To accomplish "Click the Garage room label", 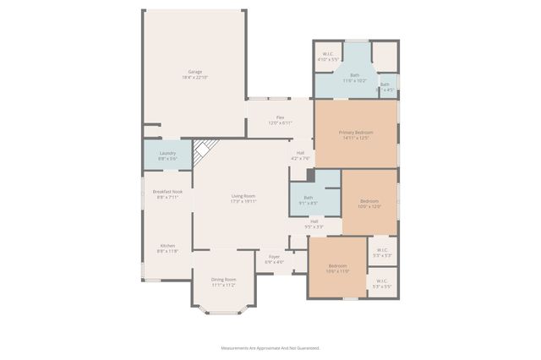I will (x=194, y=71).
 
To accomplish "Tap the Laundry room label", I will (x=167, y=153).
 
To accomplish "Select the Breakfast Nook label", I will (x=167, y=192).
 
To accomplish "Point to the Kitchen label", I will (x=167, y=246).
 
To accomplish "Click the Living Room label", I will (x=243, y=196).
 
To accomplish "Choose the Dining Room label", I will (x=224, y=279).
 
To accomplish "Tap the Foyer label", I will (x=274, y=256).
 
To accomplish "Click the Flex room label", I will (x=280, y=117).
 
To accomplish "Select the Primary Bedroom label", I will (x=357, y=133).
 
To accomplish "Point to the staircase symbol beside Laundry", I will (x=202, y=151).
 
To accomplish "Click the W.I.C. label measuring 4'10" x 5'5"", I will (x=328, y=55).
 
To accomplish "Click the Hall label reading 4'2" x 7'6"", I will (x=301, y=153).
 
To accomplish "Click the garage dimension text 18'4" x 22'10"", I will (x=194, y=77).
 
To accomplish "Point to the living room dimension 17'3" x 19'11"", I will (x=243, y=202).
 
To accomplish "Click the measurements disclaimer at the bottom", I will (x=270, y=347).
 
